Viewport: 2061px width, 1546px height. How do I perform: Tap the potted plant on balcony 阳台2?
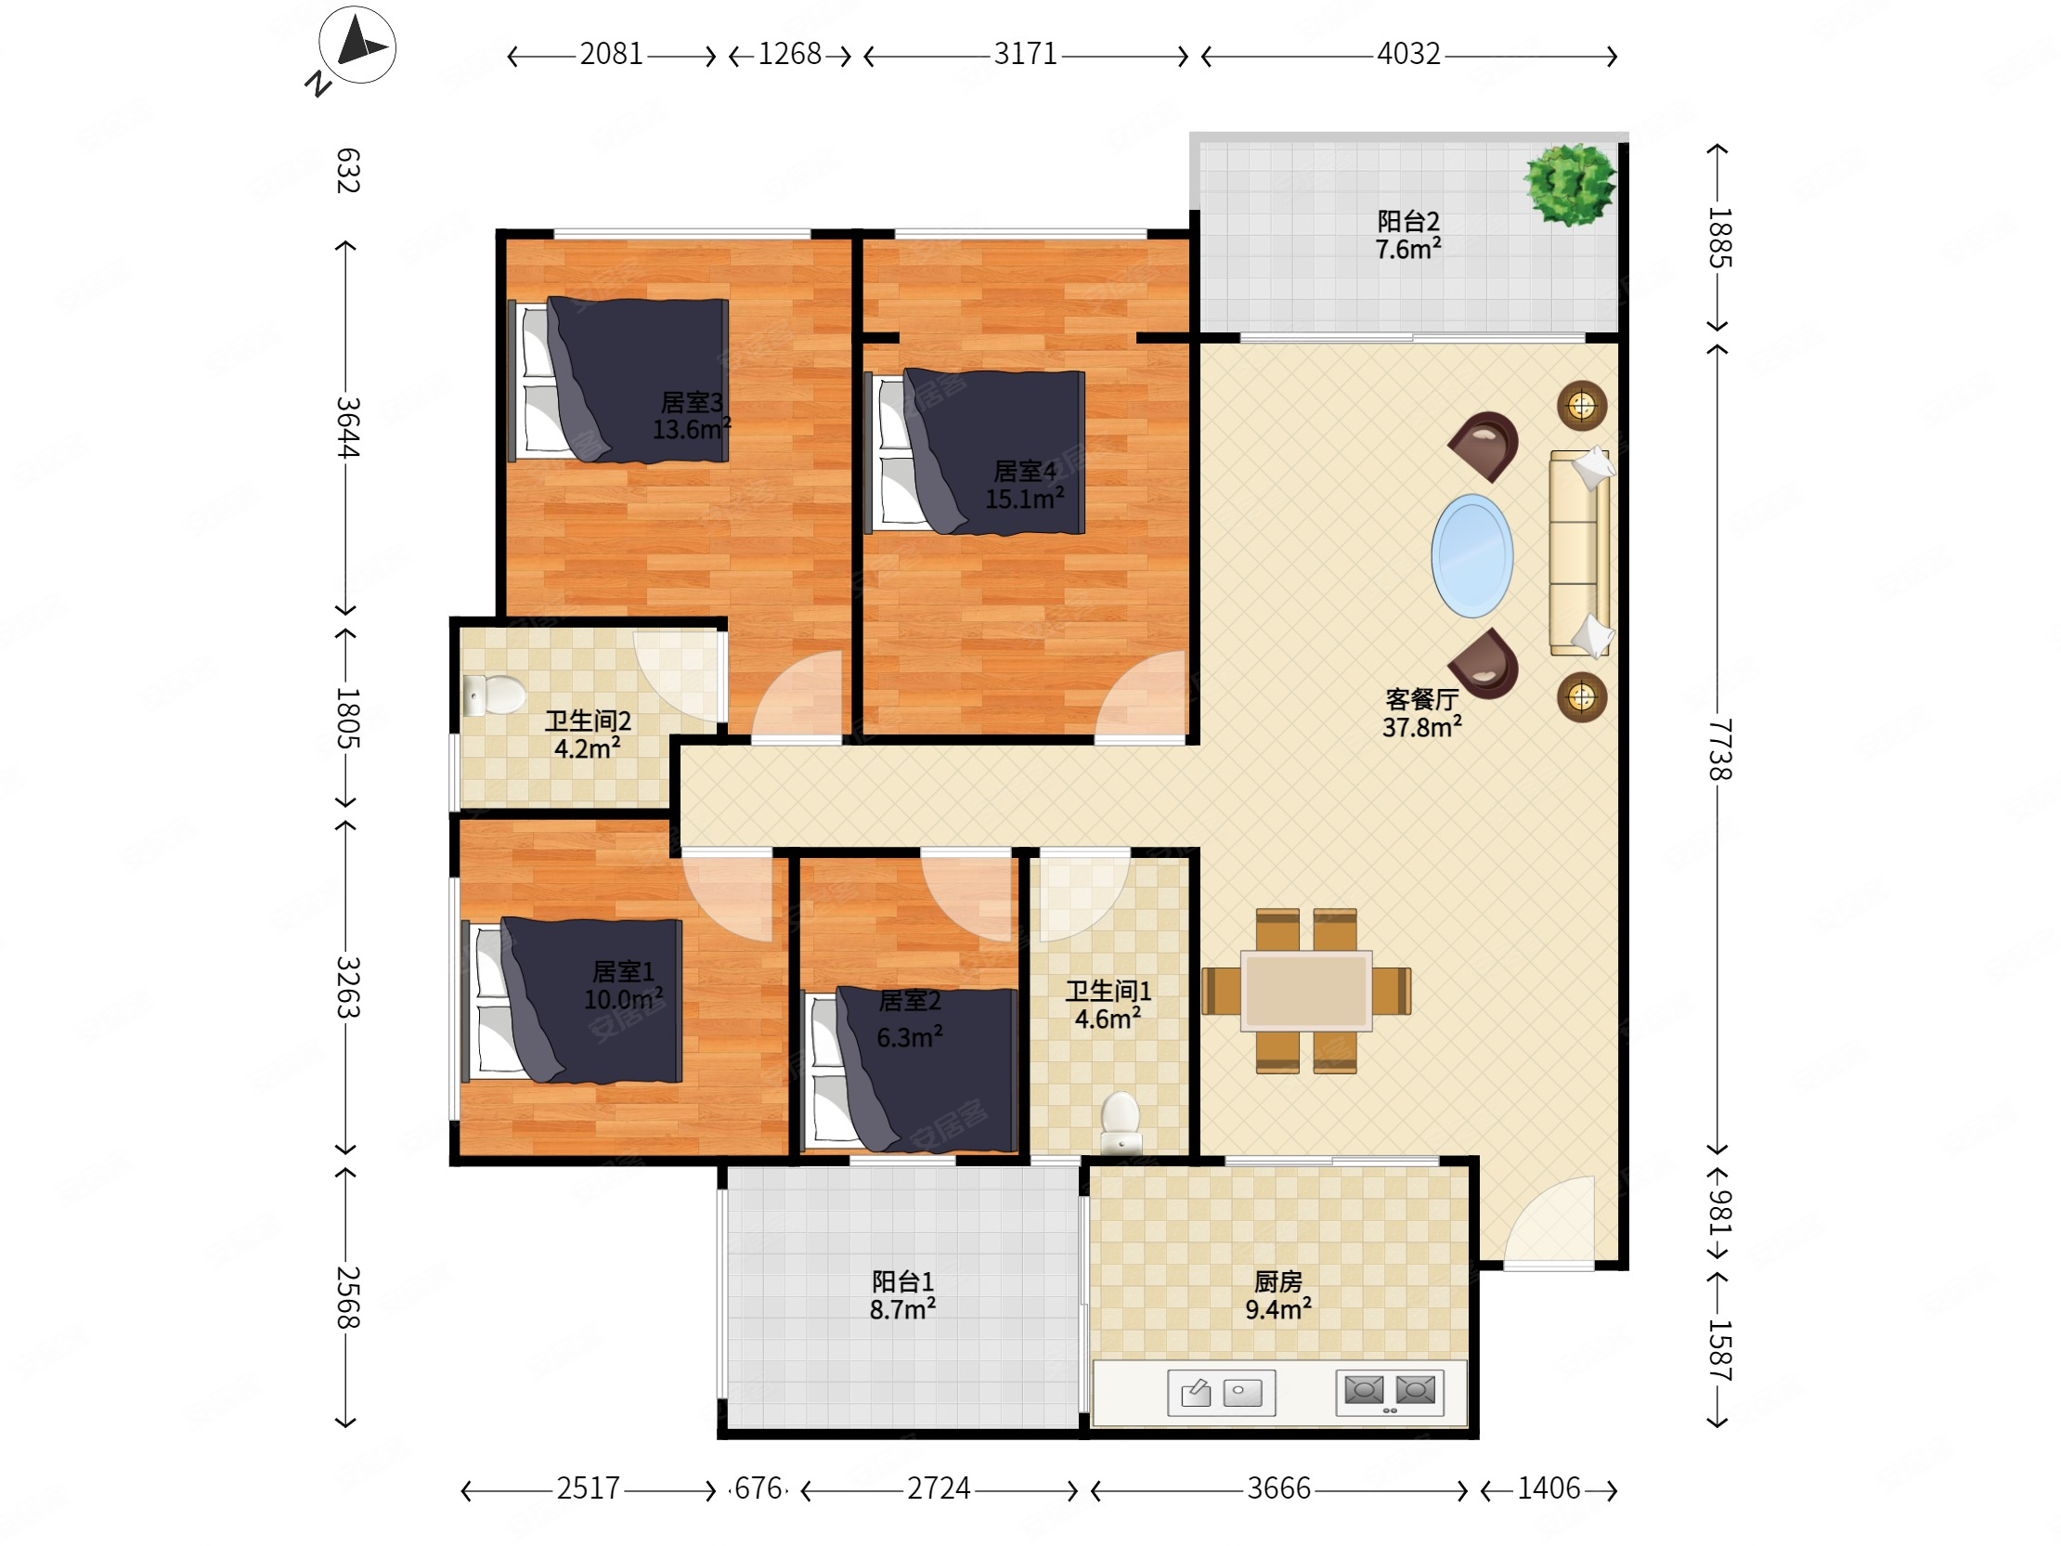click(1570, 184)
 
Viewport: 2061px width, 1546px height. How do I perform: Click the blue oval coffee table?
click(1472, 555)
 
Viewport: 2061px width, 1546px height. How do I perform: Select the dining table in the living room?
click(1305, 991)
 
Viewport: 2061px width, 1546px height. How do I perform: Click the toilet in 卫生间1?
click(1121, 1123)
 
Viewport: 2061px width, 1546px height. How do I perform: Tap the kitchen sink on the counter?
click(1222, 1393)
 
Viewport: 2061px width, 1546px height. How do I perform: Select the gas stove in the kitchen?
click(1389, 1392)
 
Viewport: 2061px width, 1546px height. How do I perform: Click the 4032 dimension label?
click(1408, 54)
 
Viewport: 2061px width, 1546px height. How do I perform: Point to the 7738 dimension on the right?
click(1720, 749)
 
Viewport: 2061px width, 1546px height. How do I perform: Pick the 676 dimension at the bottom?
click(758, 1488)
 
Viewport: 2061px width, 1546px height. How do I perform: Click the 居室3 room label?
click(692, 403)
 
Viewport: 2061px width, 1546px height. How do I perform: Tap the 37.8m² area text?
click(1422, 727)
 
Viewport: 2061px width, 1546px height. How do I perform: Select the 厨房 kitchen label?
click(1278, 1282)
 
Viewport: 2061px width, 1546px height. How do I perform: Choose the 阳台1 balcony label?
click(903, 1282)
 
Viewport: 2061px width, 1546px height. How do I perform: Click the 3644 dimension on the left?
click(347, 428)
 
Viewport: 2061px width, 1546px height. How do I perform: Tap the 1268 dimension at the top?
click(789, 54)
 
